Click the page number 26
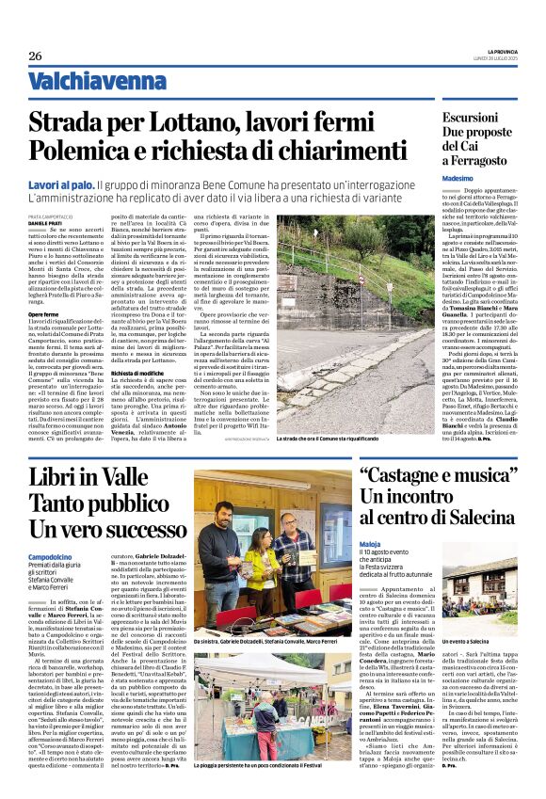click(35, 56)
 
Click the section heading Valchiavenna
click(83, 81)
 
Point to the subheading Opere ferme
click(43, 313)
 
